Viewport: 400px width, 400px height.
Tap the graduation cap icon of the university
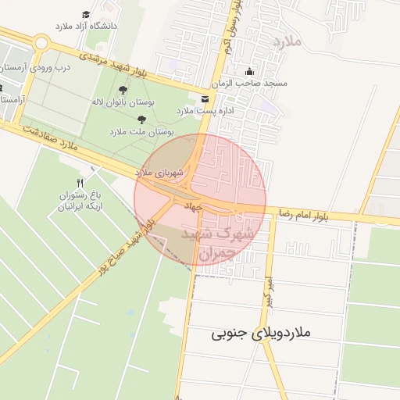pyautogui.click(x=86, y=14)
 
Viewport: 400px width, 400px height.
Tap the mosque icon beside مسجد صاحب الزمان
pyautogui.click(x=249, y=72)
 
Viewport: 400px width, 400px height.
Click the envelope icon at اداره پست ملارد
pyautogui.click(x=205, y=98)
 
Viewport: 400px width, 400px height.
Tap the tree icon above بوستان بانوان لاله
pyautogui.click(x=122, y=90)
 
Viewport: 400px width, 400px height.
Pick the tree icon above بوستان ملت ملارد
pyautogui.click(x=141, y=120)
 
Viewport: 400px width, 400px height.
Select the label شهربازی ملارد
pyautogui.click(x=159, y=171)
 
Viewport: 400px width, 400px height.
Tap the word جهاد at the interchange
pyautogui.click(x=193, y=206)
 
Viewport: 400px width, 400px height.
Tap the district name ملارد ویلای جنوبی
pyautogui.click(x=261, y=333)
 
